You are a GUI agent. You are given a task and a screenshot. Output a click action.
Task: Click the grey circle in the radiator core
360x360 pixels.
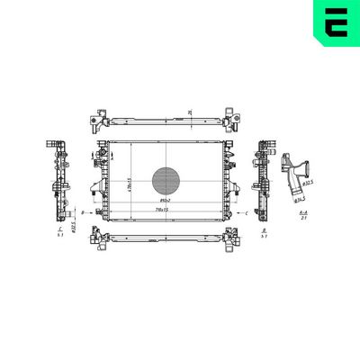tap(165, 181)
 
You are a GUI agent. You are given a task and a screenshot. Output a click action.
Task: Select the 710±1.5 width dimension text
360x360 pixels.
tap(162, 209)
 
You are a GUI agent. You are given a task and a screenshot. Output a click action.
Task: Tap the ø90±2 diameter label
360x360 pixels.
tap(166, 201)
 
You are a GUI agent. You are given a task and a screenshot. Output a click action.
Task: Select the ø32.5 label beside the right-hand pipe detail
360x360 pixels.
tap(308, 184)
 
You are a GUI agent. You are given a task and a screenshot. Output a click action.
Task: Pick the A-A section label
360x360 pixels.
tap(303, 213)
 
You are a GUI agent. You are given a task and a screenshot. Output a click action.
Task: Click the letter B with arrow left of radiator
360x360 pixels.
tap(84, 212)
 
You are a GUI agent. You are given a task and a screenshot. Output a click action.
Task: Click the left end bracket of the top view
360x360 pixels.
tap(100, 119)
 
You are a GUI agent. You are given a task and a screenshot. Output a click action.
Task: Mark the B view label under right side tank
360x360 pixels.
tap(262, 230)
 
